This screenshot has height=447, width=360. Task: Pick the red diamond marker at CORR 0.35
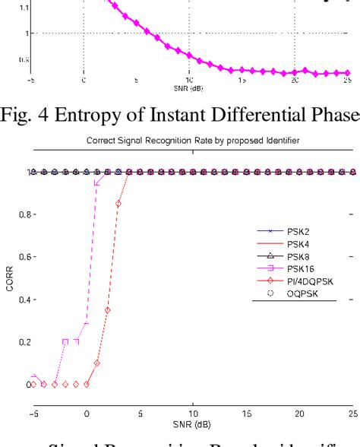click(x=107, y=310)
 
